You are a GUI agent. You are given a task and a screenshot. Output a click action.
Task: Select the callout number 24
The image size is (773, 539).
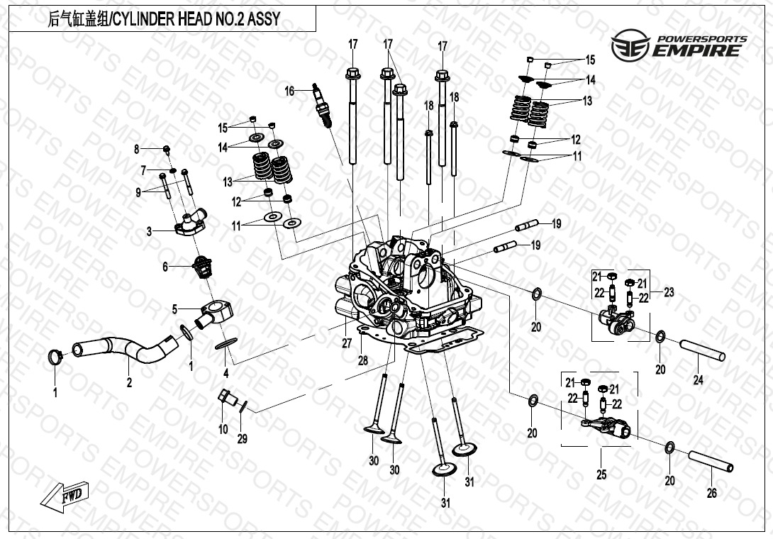698,380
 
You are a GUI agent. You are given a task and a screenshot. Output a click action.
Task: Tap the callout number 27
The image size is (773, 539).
346,343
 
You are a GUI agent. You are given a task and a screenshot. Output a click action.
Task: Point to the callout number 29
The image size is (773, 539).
242,439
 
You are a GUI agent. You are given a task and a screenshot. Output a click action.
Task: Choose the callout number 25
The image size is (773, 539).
601,474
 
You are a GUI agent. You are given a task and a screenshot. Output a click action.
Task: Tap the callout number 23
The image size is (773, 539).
668,291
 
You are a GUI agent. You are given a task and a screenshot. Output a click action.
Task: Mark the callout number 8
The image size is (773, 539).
137,149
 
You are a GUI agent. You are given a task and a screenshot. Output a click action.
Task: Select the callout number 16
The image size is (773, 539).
289,91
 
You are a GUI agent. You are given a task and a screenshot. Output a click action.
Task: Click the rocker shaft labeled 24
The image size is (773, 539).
702,350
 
